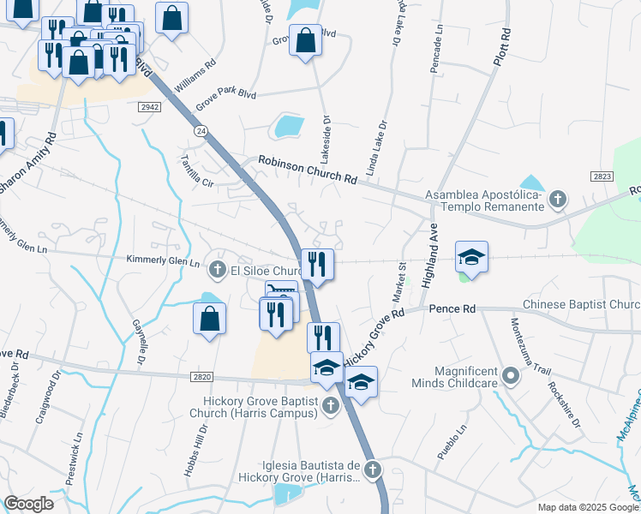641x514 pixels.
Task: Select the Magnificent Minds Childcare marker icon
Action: (512, 375)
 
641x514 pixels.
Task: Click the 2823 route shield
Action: (602, 176)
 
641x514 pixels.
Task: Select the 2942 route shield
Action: (150, 106)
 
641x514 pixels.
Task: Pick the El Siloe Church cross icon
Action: (218, 271)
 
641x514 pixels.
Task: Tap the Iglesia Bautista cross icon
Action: (371, 469)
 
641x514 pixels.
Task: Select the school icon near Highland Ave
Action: (471, 257)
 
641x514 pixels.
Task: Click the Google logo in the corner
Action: (28, 504)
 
